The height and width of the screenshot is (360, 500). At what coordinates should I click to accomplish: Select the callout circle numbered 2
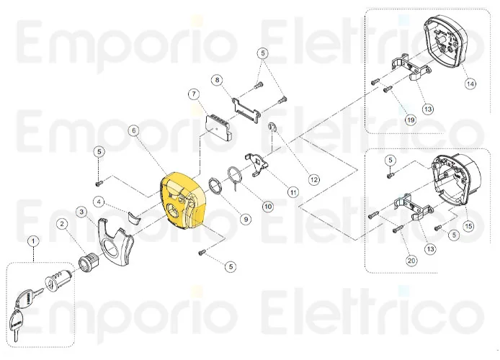click(63, 225)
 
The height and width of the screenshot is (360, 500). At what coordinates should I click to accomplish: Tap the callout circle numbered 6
click(133, 131)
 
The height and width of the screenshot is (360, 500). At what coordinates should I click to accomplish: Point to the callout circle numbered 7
click(193, 94)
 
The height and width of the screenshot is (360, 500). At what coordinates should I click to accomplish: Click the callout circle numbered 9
click(246, 218)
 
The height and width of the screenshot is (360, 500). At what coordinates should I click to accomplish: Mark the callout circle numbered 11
click(293, 192)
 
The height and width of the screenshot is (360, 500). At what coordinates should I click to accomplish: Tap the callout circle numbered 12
click(313, 179)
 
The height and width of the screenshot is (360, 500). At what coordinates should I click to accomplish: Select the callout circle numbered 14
click(470, 84)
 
